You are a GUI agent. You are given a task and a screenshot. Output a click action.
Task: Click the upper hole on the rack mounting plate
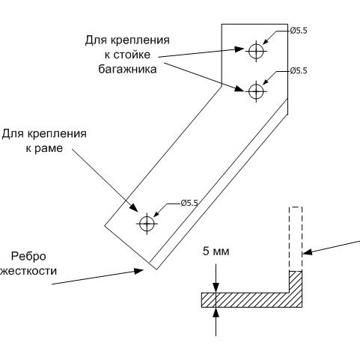coord(256,51)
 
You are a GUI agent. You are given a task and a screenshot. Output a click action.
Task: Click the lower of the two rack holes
coord(256,91)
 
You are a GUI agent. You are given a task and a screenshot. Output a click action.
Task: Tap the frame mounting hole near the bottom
coord(147,224)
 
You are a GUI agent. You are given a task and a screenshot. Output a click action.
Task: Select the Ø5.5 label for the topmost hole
coord(299,31)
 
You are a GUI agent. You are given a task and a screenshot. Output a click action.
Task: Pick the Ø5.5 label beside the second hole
coord(299,71)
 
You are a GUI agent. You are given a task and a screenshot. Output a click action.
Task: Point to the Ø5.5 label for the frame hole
coord(189,203)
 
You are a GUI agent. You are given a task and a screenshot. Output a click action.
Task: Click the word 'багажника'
coord(127,69)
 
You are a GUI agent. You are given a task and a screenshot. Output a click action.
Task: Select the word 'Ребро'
coord(29,257)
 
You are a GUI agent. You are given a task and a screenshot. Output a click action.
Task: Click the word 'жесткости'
coord(28,271)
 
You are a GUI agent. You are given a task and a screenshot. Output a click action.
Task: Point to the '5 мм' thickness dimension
coord(216,251)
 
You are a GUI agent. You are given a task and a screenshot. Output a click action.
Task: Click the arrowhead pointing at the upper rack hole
coord(240,49)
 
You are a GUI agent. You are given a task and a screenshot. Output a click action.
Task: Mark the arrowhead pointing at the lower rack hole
coord(240,89)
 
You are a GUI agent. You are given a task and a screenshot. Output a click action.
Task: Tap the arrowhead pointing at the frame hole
coord(133,207)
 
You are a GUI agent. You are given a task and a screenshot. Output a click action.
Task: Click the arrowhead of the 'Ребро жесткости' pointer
coord(138,271)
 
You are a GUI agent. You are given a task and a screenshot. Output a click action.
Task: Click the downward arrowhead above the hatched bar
coord(216,287)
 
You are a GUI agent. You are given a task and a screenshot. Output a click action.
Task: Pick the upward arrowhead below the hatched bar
coord(216,312)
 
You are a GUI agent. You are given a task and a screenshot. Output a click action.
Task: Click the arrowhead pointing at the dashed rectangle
coord(308,252)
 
